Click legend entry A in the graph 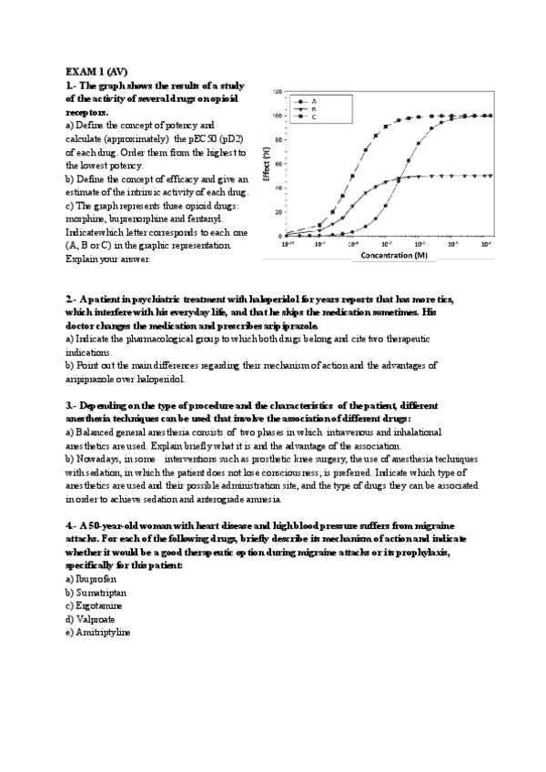tap(314, 101)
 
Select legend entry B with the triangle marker tap(314, 109)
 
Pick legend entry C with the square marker tap(314, 117)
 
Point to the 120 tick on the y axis tap(276, 93)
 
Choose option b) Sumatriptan tap(96, 592)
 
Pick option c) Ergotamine tap(94, 604)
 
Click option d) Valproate tap(91, 618)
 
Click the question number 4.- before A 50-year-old tap(71, 526)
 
